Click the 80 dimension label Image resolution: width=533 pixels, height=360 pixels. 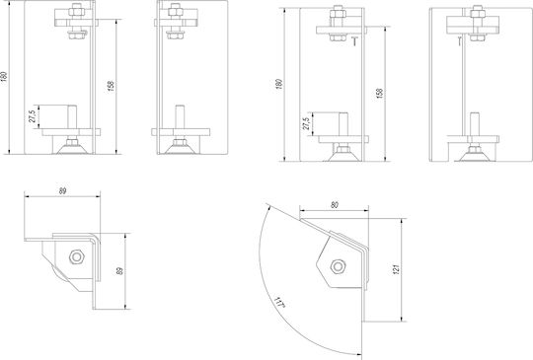(335, 205)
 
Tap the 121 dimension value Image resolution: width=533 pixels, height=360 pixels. (396, 269)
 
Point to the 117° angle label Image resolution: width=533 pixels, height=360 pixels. (279, 302)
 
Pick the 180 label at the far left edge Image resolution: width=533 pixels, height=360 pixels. (3, 76)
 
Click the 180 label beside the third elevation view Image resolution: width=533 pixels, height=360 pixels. (278, 84)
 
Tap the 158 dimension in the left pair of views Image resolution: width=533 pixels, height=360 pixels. (111, 86)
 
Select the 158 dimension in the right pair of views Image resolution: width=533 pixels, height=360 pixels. (380, 94)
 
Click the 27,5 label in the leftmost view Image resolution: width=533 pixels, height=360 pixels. (33, 116)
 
